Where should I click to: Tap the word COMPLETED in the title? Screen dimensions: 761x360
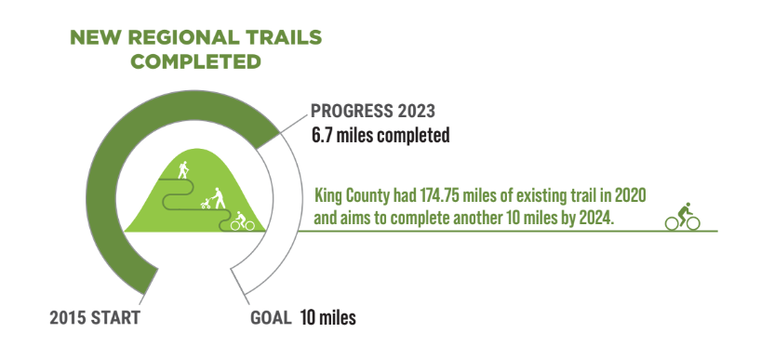tap(196, 61)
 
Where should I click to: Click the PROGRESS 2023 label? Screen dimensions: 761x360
tap(373, 111)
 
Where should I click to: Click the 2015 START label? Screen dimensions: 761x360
tap(95, 318)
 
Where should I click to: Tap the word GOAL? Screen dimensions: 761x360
tap(271, 318)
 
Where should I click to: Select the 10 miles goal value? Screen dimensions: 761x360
tap(327, 318)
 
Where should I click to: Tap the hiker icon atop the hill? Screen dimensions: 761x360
tap(183, 169)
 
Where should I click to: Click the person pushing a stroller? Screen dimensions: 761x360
tap(213, 198)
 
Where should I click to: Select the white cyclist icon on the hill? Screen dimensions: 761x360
tap(242, 220)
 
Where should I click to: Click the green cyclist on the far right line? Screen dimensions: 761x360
tap(682, 217)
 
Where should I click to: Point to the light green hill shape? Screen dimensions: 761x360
tap(195, 204)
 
